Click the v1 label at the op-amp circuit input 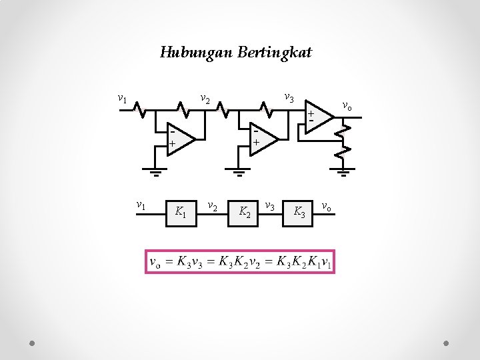pyautogui.click(x=122, y=99)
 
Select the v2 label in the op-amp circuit pyautogui.click(x=205, y=100)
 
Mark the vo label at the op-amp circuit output pyautogui.click(x=347, y=105)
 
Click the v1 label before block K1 pyautogui.click(x=141, y=205)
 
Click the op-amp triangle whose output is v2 pyautogui.click(x=178, y=139)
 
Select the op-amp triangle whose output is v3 pyautogui.click(x=261, y=138)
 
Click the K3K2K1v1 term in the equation pyautogui.click(x=304, y=262)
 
